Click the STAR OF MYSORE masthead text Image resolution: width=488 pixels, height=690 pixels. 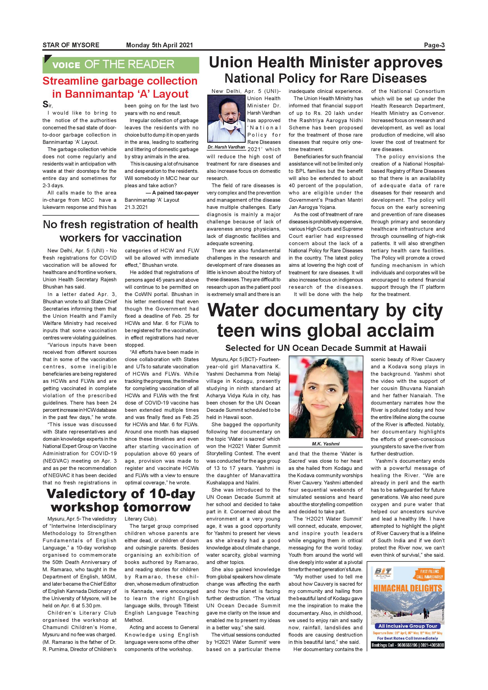(x=71, y=45)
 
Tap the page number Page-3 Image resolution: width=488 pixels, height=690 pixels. (x=434, y=45)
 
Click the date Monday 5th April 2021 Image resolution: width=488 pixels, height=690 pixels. (x=159, y=45)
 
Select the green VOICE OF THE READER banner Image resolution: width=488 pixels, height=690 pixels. (x=120, y=64)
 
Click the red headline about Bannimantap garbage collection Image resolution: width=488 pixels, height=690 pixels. (x=120, y=87)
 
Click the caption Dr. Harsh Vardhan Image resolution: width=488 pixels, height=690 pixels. (x=226, y=147)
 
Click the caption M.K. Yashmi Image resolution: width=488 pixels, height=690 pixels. (x=326, y=444)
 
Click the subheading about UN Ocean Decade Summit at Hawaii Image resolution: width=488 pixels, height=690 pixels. (x=326, y=348)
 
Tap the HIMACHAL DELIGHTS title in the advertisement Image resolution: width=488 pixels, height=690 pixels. (x=408, y=588)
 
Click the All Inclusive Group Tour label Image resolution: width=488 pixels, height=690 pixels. (x=408, y=626)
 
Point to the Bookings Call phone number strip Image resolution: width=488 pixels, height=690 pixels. (x=408, y=645)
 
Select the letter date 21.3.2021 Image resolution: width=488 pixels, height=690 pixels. (x=136, y=207)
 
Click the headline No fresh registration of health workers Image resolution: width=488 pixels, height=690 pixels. (x=120, y=231)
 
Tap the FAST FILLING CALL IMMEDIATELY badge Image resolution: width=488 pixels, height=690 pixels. (x=429, y=574)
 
